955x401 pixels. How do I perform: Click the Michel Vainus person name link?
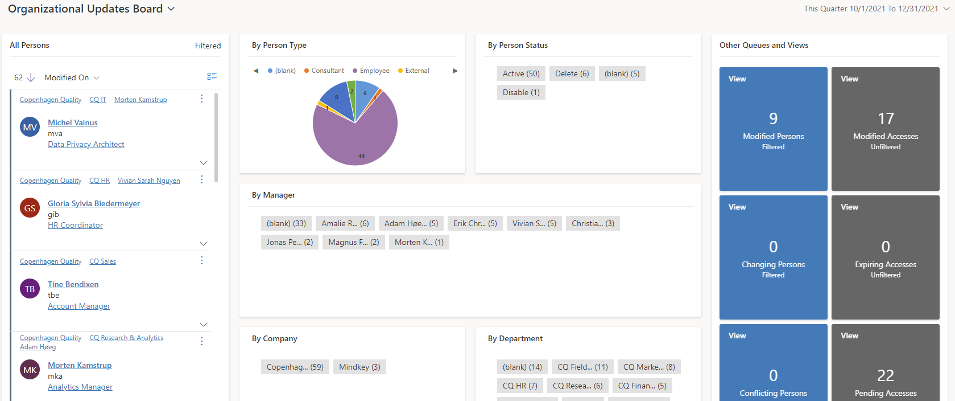tap(72, 122)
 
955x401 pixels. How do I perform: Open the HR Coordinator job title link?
tap(75, 225)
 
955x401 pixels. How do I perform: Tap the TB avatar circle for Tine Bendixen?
tap(30, 289)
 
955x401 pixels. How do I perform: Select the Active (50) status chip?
tap(520, 73)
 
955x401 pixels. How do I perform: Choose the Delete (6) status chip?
tap(572, 73)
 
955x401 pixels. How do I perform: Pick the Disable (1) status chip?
tap(520, 92)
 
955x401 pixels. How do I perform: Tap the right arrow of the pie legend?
tap(455, 71)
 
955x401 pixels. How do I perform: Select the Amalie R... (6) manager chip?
tap(345, 223)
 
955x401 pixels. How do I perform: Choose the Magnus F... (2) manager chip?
tap(353, 242)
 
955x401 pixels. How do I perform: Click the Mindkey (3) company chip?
tap(359, 367)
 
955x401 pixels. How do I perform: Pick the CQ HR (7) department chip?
tap(520, 386)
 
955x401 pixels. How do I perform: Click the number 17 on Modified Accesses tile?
tap(886, 118)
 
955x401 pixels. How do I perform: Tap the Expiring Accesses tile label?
tap(886, 264)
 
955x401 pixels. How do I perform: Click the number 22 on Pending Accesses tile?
tap(886, 375)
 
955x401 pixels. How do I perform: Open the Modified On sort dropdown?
tap(72, 77)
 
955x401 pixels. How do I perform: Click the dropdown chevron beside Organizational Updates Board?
tap(171, 9)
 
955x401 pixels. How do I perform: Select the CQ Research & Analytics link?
tap(126, 338)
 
